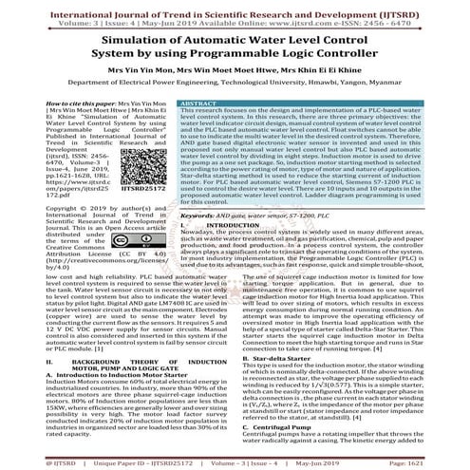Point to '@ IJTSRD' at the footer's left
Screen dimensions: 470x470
24,462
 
